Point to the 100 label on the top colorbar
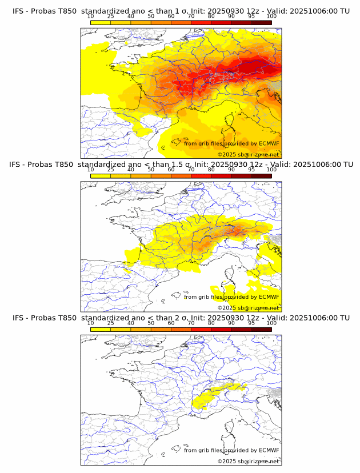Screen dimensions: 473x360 coord(271,17)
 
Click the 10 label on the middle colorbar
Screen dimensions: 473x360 coord(91,170)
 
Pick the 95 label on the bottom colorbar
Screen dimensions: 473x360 coord(251,323)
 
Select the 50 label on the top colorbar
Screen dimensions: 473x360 coord(151,17)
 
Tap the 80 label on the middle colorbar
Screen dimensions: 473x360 coord(211,170)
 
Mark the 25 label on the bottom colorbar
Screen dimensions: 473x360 coord(111,323)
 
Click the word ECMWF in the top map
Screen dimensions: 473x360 coord(269,144)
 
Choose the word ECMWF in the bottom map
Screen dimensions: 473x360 coord(269,450)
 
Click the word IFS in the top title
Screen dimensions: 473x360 coord(19,11)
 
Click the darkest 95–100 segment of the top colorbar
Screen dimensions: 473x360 coord(261,22)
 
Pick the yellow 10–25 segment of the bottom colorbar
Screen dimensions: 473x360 coord(101,328)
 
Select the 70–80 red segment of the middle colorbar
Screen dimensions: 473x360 coord(201,175)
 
